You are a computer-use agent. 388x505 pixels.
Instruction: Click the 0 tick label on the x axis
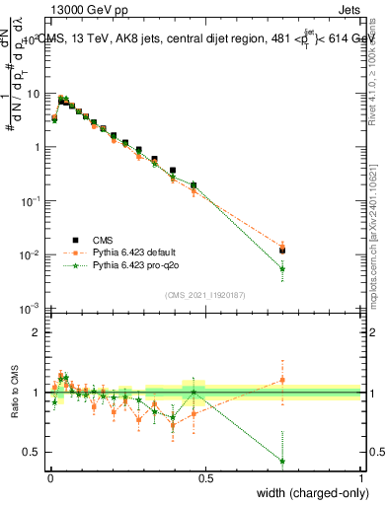(50, 477)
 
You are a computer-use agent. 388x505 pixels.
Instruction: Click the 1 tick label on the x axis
(361, 477)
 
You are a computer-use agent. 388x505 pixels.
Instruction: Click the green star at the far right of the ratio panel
(282, 461)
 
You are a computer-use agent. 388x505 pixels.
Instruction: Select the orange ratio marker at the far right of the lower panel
(282, 379)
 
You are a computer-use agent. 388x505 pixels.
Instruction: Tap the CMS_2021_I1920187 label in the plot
(203, 294)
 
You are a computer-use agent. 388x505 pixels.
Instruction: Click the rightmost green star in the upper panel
(282, 268)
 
